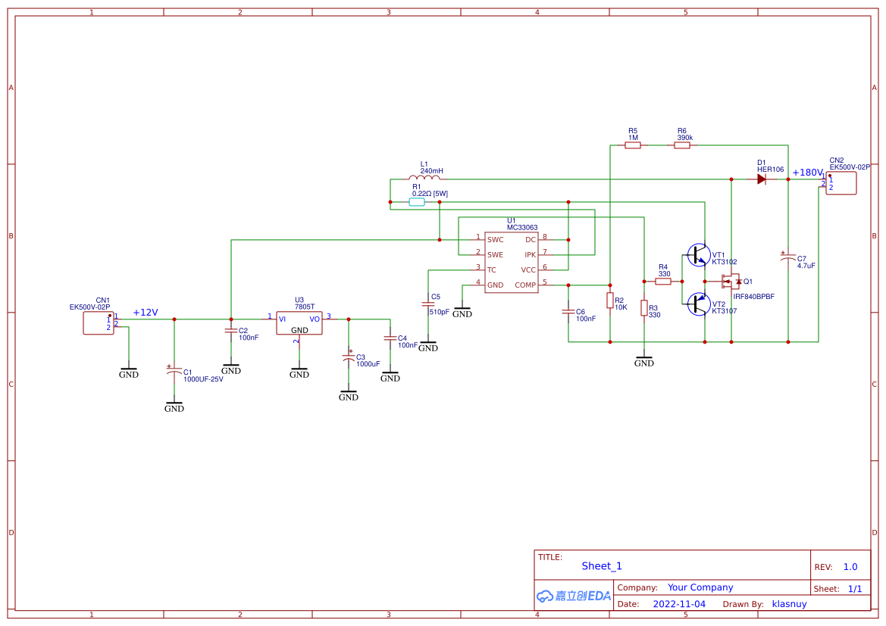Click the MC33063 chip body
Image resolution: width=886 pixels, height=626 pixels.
pyautogui.click(x=512, y=262)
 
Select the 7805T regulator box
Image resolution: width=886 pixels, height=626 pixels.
pyautogui.click(x=299, y=323)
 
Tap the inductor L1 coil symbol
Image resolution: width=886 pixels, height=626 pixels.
pyautogui.click(x=424, y=178)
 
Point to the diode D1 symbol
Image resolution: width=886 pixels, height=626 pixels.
pyautogui.click(x=761, y=179)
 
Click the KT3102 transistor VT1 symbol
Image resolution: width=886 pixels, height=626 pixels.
pyautogui.click(x=697, y=255)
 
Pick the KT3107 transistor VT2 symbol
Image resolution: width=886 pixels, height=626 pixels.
pyautogui.click(x=697, y=304)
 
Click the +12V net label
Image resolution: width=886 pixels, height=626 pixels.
pyautogui.click(x=146, y=313)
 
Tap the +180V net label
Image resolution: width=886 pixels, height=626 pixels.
pyautogui.click(x=807, y=173)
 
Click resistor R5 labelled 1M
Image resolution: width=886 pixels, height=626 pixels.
pyautogui.click(x=633, y=145)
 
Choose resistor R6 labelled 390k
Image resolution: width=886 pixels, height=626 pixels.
pyautogui.click(x=682, y=145)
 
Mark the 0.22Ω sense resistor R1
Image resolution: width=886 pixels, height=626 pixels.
pyautogui.click(x=417, y=202)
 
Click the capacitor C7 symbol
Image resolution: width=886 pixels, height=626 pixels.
pyautogui.click(x=788, y=258)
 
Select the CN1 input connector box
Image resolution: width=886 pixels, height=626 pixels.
pyautogui.click(x=99, y=323)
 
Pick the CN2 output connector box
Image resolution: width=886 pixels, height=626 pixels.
pyautogui.click(x=841, y=183)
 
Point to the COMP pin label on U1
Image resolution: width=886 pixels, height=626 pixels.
pyautogui.click(x=525, y=285)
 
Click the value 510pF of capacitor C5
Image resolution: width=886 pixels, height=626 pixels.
pyautogui.click(x=440, y=312)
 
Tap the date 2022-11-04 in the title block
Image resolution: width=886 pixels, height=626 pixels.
pyautogui.click(x=679, y=604)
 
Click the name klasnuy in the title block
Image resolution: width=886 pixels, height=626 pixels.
pyautogui.click(x=789, y=604)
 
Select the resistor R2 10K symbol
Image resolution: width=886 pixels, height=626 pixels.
pyautogui.click(x=610, y=301)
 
